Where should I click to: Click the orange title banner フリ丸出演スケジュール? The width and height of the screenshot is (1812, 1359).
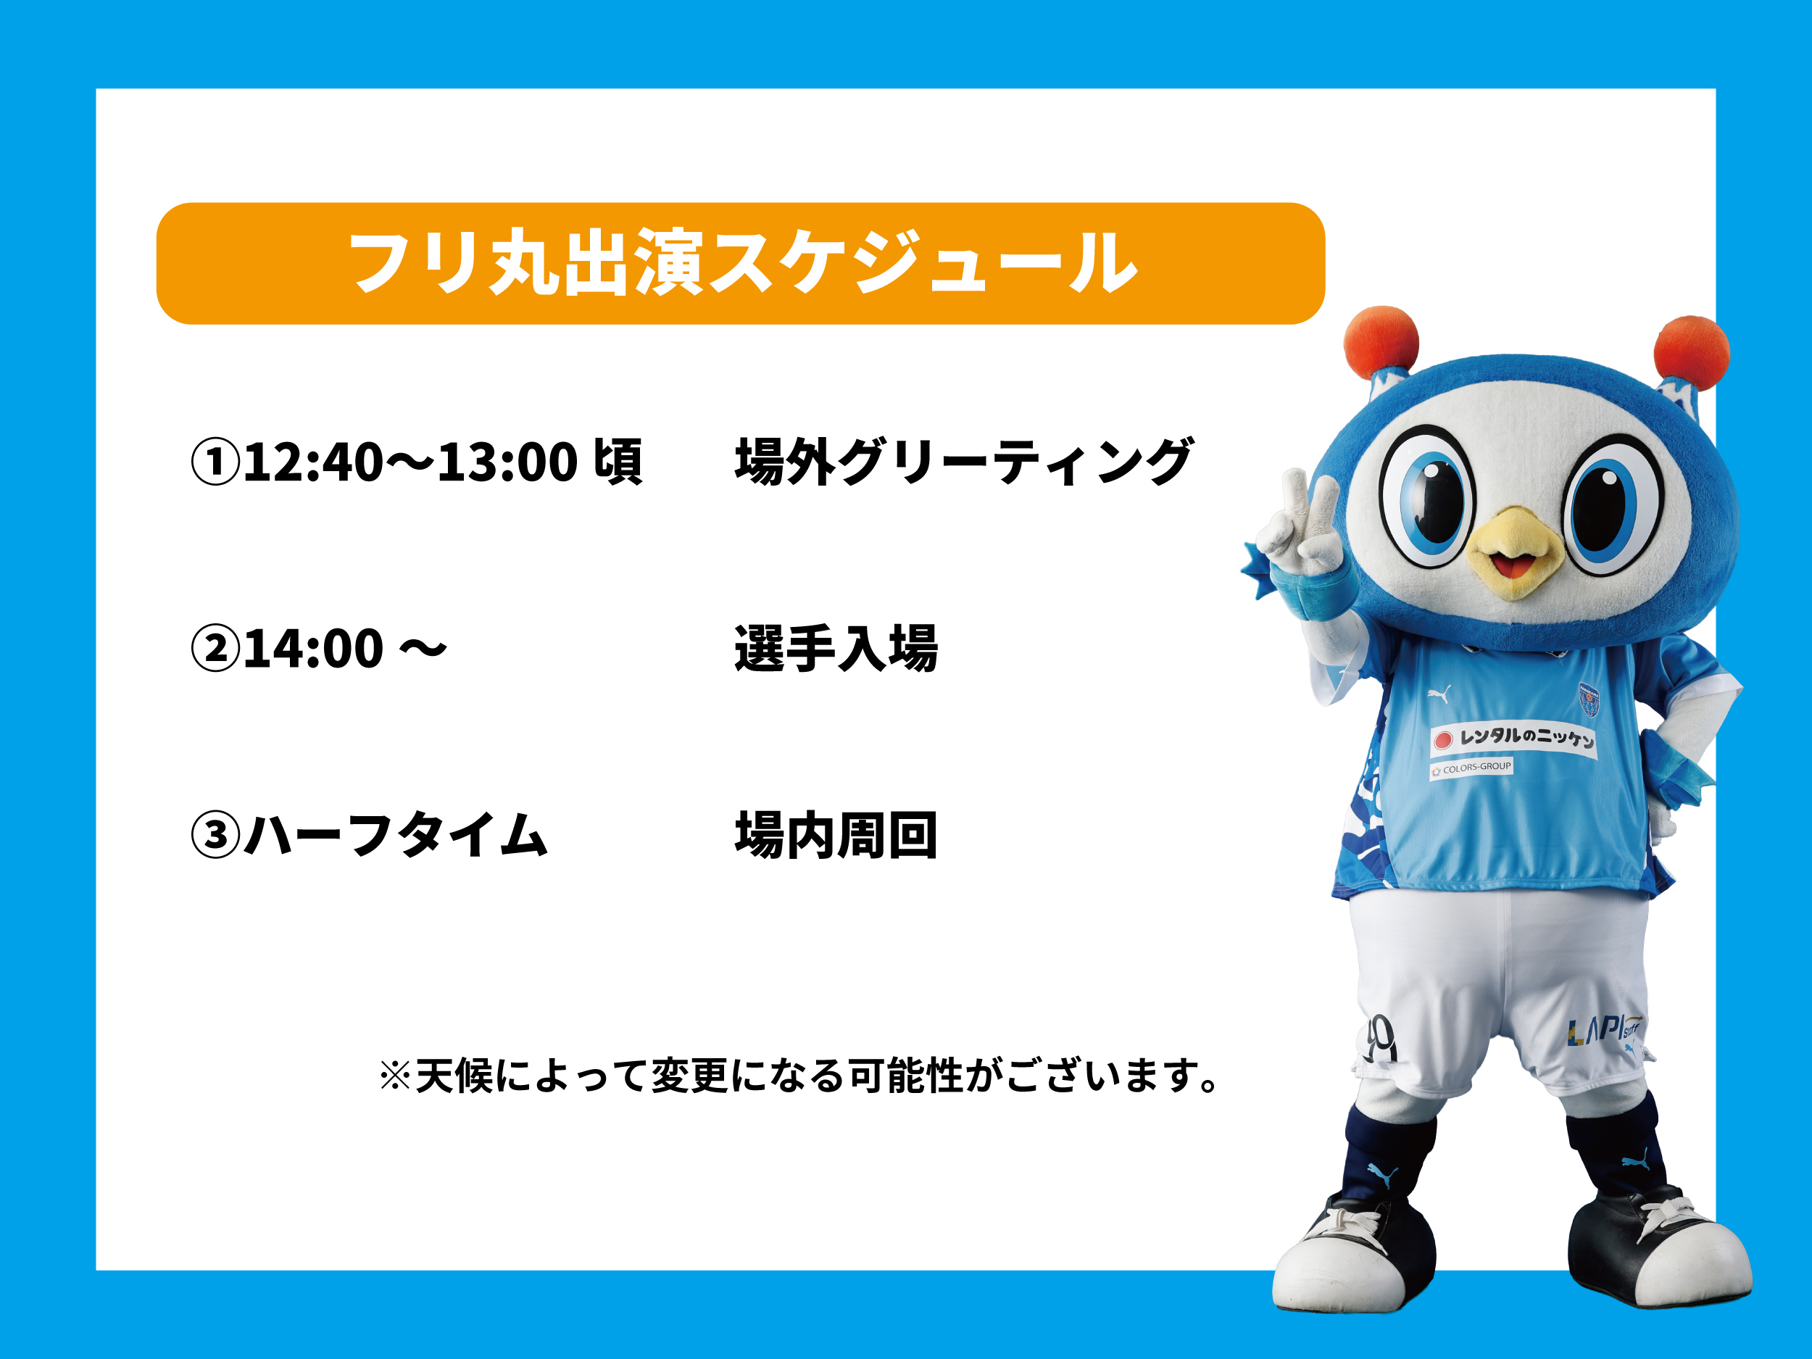pos(740,263)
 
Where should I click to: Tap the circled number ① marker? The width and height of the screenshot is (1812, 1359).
pos(215,461)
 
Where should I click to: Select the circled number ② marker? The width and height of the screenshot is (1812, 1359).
pos(215,648)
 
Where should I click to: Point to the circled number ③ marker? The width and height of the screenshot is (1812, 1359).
pos(215,835)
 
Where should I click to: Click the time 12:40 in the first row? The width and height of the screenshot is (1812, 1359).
pos(313,461)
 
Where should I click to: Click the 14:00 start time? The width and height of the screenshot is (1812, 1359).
pos(313,648)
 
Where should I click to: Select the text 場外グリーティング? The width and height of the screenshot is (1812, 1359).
pos(963,461)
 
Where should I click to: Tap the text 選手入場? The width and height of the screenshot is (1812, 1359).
pos(836,648)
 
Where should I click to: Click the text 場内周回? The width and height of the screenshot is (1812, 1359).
pos(836,835)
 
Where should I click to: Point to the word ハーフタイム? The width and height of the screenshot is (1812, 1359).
pos(396,835)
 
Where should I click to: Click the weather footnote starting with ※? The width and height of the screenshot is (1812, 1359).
pos(799,1075)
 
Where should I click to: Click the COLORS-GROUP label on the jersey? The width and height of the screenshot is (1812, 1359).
pos(1471,768)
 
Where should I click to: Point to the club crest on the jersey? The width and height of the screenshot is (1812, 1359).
pos(1589,699)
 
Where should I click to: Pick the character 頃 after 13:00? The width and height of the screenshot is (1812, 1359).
pos(618,461)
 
